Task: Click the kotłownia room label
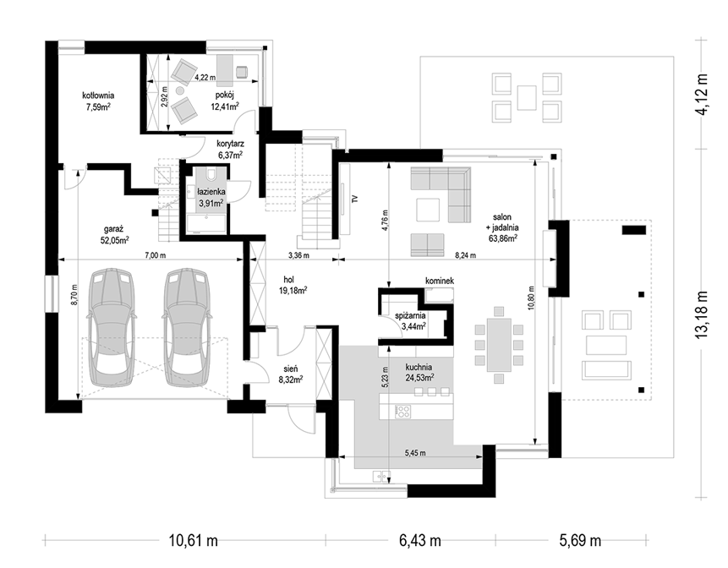pyautogui.click(x=98, y=96)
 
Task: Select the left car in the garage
pyautogui.click(x=112, y=327)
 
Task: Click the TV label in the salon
pyautogui.click(x=355, y=199)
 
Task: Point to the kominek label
pyautogui.click(x=440, y=281)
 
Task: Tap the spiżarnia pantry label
pyautogui.click(x=410, y=315)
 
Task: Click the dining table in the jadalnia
pyautogui.click(x=499, y=345)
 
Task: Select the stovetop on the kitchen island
pyautogui.click(x=402, y=412)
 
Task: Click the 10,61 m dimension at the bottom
pyautogui.click(x=193, y=541)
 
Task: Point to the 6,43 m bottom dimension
pyautogui.click(x=420, y=541)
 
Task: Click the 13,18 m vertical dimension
pyautogui.click(x=702, y=314)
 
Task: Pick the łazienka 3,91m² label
pyautogui.click(x=211, y=196)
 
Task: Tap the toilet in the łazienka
pyautogui.click(x=211, y=173)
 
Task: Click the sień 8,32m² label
pyautogui.click(x=291, y=374)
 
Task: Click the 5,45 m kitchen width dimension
pyautogui.click(x=415, y=453)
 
